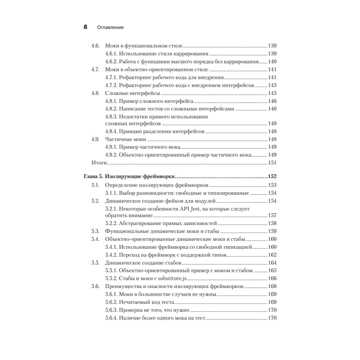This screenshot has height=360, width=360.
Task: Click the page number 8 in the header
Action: pyautogui.click(x=85, y=27)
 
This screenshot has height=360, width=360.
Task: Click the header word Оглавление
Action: pyautogui.click(x=110, y=27)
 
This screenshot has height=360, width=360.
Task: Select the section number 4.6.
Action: pyautogui.click(x=95, y=46)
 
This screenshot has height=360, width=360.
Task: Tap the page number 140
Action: pyautogui.click(x=272, y=62)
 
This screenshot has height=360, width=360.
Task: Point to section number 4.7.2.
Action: pyautogui.click(x=111, y=85)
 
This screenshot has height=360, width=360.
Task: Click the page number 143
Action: pyautogui.click(x=272, y=85)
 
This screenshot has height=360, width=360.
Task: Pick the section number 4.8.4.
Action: pyautogui.click(x=111, y=131)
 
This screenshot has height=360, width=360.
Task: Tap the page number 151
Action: pyautogui.click(x=272, y=163)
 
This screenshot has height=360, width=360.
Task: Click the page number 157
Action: pyautogui.click(x=272, y=215)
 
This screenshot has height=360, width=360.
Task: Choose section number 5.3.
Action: pyautogui.click(x=95, y=231)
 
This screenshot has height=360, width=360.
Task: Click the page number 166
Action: pyautogui.click(x=272, y=278)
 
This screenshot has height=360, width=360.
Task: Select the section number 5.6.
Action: pyautogui.click(x=95, y=287)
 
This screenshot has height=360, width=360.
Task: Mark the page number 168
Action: pyautogui.click(x=272, y=287)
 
